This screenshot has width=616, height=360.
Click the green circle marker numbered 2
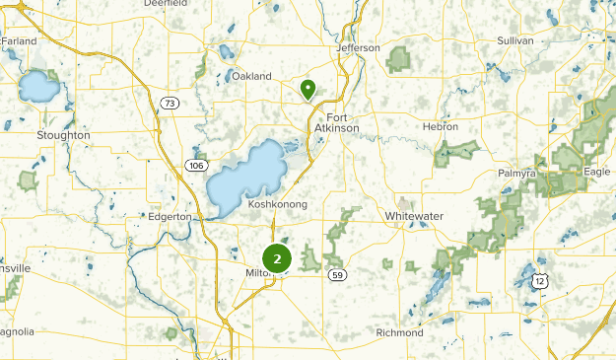(278, 259)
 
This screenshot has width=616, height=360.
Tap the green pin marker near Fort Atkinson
(308, 90)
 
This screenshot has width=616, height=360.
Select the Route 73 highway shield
(171, 103)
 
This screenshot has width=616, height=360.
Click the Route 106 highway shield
(193, 166)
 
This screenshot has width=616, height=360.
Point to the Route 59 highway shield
(338, 273)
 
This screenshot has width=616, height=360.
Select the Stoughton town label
(62, 134)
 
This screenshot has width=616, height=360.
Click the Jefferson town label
(357, 47)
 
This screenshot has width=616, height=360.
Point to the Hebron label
(441, 127)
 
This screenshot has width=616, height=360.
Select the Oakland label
(251, 76)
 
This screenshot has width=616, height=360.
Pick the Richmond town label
(399, 332)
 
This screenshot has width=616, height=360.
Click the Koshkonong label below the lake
(278, 204)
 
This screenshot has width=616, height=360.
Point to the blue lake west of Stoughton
(38, 88)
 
